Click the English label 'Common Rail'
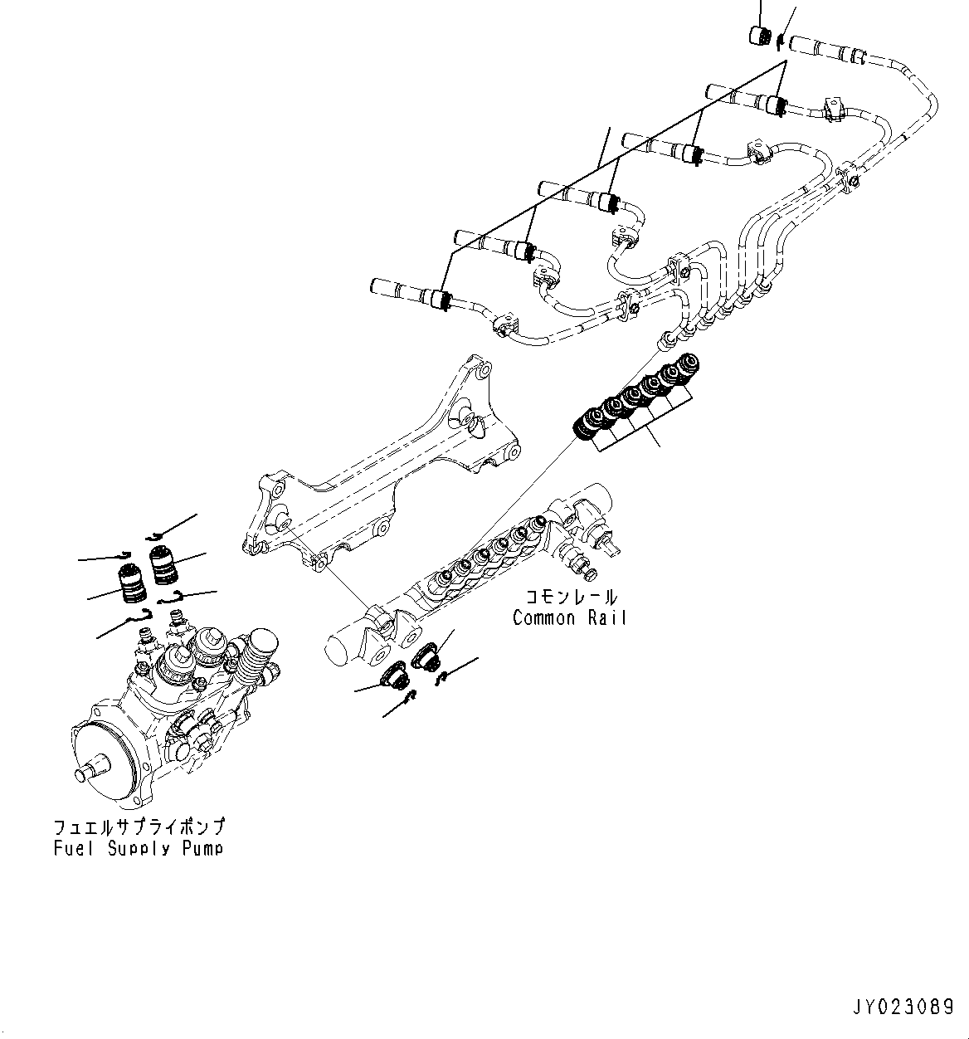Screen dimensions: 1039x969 pos(569,617)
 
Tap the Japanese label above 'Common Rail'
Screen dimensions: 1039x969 pos(569,597)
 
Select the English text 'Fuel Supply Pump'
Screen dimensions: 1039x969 pos(139,848)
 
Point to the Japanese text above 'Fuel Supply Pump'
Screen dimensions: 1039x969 pos(139,827)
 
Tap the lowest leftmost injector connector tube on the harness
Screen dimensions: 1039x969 pos(398,289)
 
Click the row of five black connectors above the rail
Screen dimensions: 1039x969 pos(635,394)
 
